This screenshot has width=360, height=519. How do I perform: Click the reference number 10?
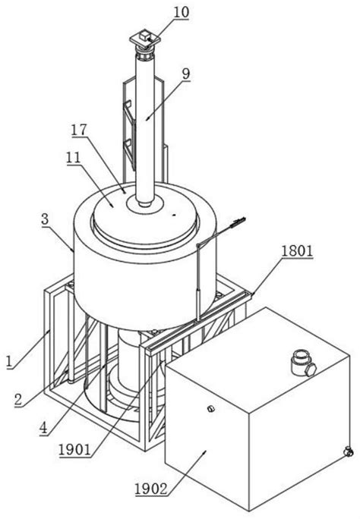[182, 12]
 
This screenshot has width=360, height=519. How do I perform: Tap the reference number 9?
[186, 74]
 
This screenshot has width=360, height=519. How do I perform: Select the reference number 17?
[79, 130]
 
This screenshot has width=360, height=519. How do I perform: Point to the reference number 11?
[73, 158]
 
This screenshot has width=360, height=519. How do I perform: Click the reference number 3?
[45, 220]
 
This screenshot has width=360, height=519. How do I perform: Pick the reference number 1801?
[297, 251]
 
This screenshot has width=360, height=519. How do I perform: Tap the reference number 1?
[11, 361]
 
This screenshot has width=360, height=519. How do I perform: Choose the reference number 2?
[18, 400]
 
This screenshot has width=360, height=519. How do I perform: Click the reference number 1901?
[74, 450]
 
